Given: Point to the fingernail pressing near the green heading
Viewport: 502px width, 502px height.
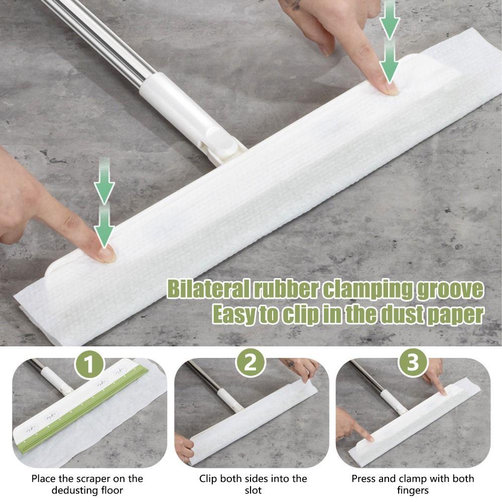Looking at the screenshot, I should [106, 255].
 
